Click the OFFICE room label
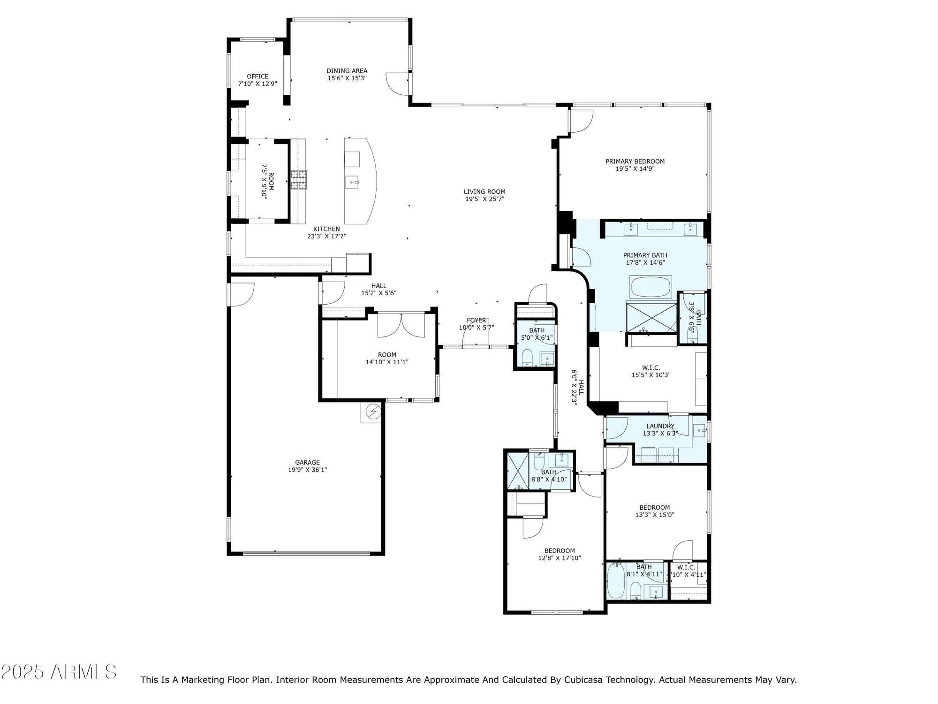(257, 77)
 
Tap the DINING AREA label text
(347, 71)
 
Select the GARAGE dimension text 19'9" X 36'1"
(307, 470)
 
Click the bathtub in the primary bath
(651, 287)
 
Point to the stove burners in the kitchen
(298, 180)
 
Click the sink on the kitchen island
(352, 182)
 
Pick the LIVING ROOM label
(484, 191)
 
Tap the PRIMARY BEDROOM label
(635, 161)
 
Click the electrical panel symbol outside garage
(373, 412)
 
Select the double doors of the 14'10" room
(401, 325)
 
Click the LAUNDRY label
(660, 426)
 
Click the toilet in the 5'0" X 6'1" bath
(527, 357)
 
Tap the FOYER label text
(476, 320)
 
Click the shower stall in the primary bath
(651, 318)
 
